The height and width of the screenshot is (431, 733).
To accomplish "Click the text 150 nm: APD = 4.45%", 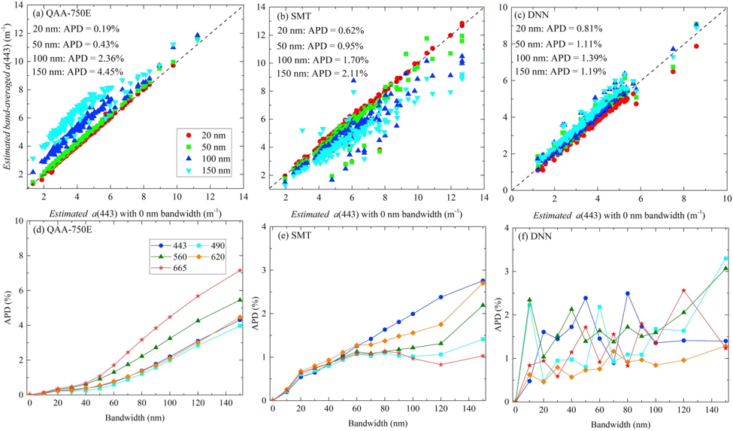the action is (78, 71).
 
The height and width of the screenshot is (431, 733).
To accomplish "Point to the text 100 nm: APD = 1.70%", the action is (323, 60).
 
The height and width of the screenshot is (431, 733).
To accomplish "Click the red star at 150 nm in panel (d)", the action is (241, 270).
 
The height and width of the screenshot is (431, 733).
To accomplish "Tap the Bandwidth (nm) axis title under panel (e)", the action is (377, 423).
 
